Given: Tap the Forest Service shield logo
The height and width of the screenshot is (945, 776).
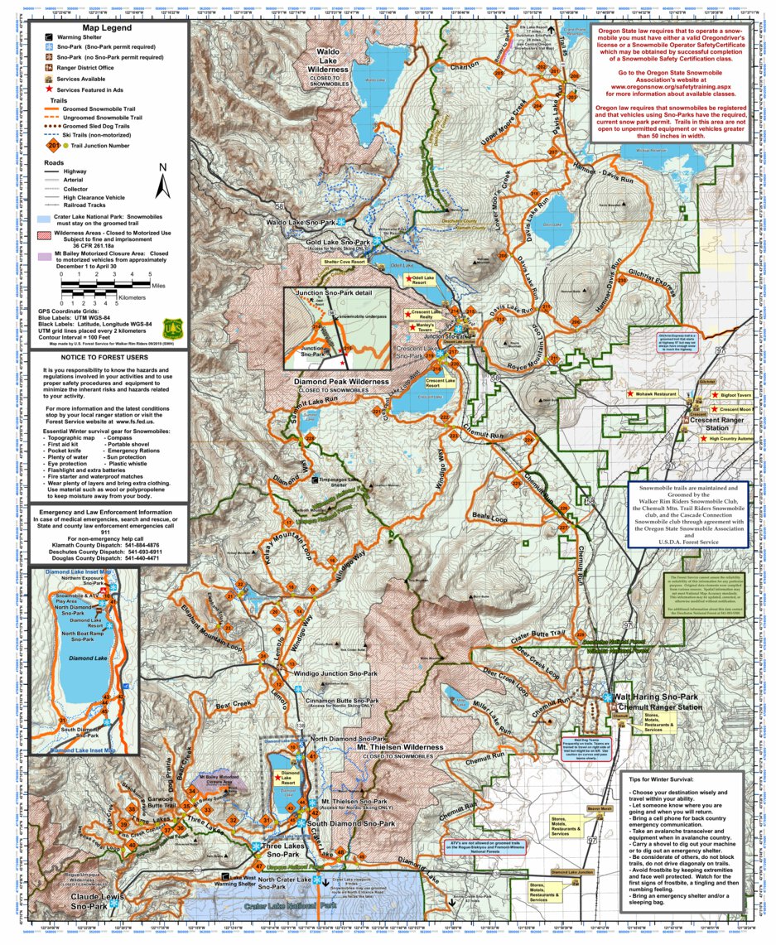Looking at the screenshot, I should [172, 330].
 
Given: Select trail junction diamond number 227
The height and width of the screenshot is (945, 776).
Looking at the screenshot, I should [564, 528].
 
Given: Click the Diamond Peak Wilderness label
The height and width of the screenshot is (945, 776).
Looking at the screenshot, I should [340, 383].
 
